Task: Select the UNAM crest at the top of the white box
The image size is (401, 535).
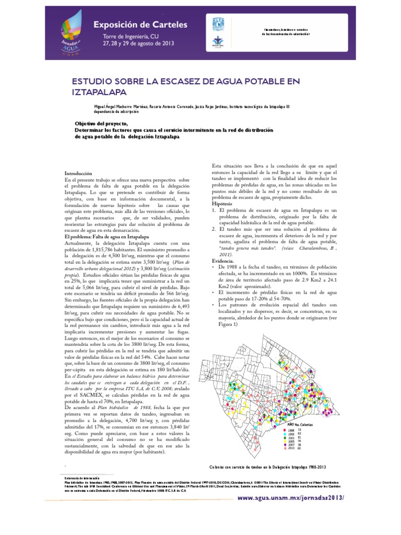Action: [x=216, y=23]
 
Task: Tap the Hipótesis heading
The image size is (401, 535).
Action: [x=223, y=204]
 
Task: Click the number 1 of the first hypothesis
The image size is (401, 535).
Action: [x=214, y=210]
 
